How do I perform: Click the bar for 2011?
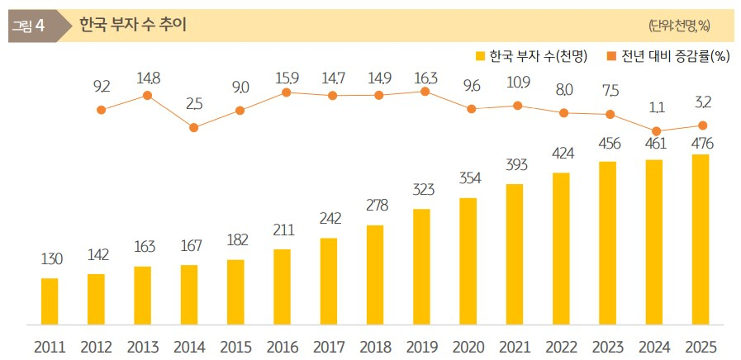point(50,301)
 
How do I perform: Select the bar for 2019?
point(421,267)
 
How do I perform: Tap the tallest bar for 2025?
point(700,239)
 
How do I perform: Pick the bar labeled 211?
point(282,287)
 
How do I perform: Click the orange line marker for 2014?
point(193,128)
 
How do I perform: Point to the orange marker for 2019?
point(425,92)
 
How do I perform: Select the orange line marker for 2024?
point(656,131)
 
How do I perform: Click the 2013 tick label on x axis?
point(143,347)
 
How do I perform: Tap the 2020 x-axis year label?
point(468,347)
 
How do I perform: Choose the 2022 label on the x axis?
point(560,347)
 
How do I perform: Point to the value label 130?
point(51,260)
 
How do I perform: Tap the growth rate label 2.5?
point(193,103)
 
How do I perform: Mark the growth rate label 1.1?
point(657,107)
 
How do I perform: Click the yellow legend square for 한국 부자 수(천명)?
point(480,56)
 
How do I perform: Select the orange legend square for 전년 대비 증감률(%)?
point(611,56)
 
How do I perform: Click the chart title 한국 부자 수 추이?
point(132,25)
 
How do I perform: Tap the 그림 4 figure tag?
point(28,25)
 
